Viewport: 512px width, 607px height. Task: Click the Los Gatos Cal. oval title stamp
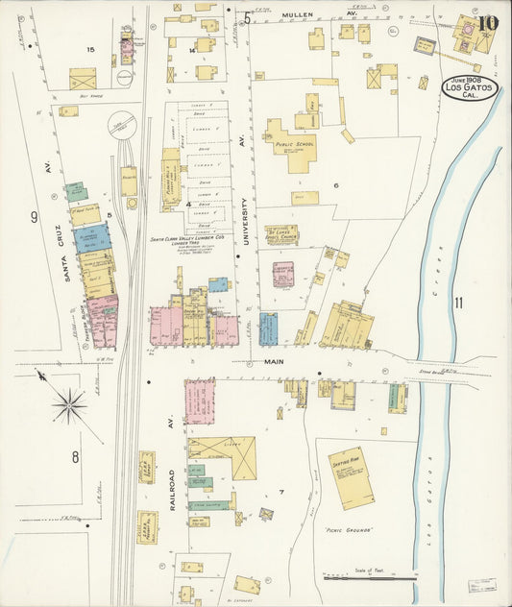469,89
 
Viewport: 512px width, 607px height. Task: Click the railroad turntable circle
122,126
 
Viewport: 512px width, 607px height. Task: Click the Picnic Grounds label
347,530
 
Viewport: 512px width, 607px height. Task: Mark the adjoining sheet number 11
459,303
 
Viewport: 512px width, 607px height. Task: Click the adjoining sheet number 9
34,217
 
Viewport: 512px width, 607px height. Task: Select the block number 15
90,49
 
